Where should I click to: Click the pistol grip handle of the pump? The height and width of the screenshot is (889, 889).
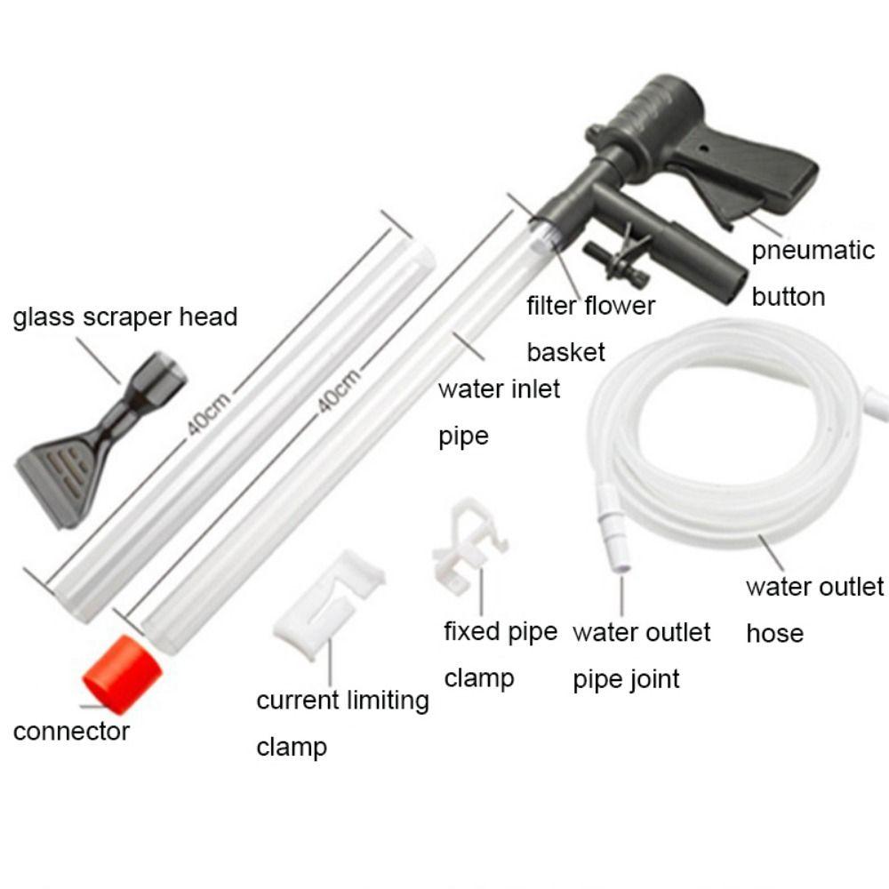coord(756,173)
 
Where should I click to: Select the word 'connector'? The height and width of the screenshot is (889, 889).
coord(71,732)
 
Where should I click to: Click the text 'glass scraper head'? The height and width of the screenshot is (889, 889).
coord(124,316)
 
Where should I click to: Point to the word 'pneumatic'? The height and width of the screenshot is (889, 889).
coord(813,250)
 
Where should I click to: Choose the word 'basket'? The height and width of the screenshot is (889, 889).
coord(565,352)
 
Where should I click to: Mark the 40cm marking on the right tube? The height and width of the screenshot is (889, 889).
coord(340,391)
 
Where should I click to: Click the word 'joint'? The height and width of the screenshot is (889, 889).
coord(653,679)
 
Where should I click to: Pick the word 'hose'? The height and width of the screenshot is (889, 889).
coord(774,634)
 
